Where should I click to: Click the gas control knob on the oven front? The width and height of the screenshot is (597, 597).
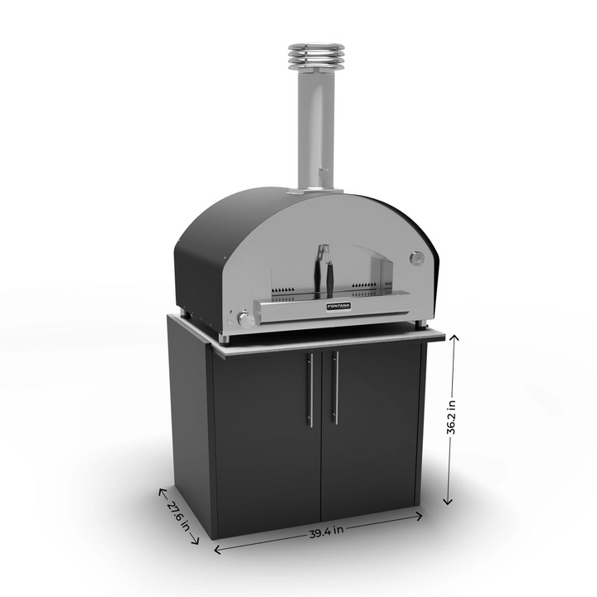coord(245,319)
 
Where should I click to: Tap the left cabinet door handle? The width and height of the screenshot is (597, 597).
coord(310,390)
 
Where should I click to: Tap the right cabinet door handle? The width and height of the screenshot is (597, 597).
coord(335,388)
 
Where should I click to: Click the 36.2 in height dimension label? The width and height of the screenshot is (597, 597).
coord(450,418)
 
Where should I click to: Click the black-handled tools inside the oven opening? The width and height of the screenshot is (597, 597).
coord(327,269)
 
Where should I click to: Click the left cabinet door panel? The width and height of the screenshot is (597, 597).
coord(265,439)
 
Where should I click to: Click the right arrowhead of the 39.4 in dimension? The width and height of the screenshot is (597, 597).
coord(420,517)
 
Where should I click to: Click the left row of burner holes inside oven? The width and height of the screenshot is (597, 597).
coord(286,291)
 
